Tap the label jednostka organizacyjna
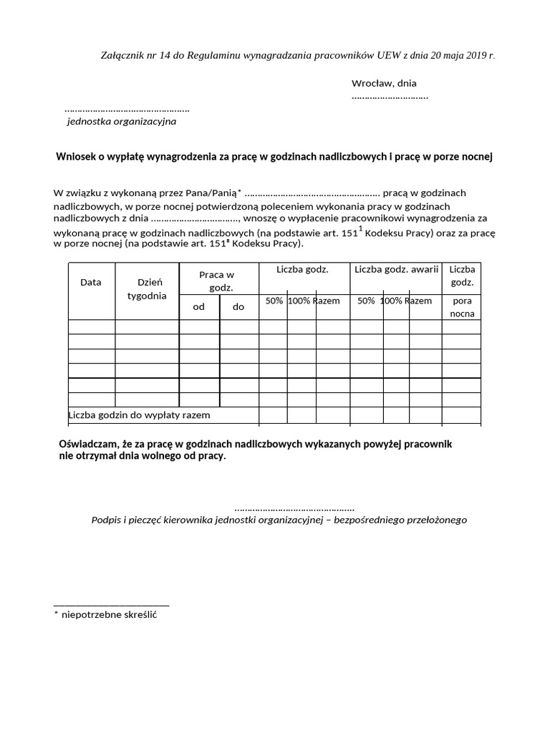[121, 122]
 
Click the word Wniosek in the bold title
[74, 156]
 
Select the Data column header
[91, 283]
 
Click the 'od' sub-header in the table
[199, 306]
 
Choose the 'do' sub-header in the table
[238, 306]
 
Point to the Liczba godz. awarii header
[396, 269]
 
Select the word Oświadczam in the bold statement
[87, 445]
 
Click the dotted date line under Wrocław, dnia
[390, 96]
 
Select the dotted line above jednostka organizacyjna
[127, 110]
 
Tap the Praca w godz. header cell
[217, 281]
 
